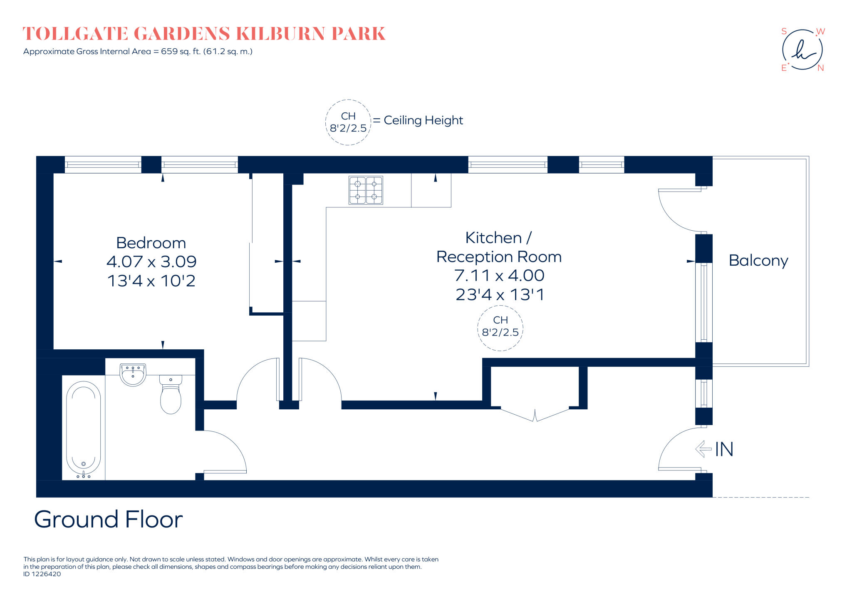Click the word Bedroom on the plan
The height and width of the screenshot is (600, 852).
[151, 243]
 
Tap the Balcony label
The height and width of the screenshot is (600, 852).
[758, 261]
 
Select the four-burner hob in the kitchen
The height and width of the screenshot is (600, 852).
[366, 190]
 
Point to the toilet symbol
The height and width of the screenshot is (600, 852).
[171, 396]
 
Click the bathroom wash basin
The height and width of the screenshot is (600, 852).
[133, 374]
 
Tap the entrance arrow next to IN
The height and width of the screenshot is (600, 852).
[703, 449]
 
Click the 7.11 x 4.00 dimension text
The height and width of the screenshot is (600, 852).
[499, 275]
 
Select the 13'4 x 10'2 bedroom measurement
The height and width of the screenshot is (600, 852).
[151, 281]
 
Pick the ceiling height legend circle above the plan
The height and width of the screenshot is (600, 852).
[348, 122]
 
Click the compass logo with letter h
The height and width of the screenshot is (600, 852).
[802, 50]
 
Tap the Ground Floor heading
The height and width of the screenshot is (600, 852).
[108, 519]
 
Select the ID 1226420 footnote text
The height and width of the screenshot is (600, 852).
[42, 574]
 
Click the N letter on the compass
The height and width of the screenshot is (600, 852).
[820, 68]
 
